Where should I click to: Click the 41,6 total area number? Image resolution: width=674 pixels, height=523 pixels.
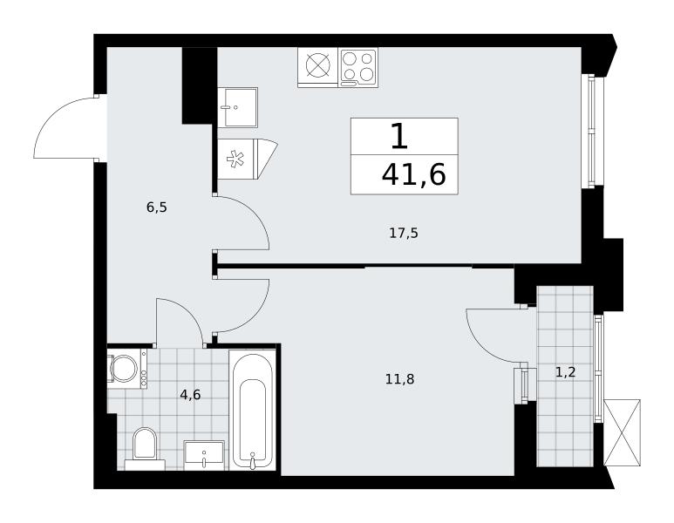413,175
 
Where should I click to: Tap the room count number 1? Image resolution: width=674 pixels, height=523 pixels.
399,136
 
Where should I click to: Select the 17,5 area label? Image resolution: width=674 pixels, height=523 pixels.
404,234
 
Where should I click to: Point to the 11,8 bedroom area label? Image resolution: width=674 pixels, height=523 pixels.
399,379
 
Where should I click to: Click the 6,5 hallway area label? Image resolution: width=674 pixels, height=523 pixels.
156,207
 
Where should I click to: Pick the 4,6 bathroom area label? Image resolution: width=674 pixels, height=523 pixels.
190,395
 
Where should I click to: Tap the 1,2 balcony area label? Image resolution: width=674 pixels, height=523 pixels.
565,372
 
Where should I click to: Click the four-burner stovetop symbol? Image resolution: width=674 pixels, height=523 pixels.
358,67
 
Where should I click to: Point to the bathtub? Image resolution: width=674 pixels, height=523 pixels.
252,410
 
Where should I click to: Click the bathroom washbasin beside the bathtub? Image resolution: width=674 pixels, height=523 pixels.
204,455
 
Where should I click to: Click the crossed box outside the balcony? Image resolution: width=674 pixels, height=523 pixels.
622,432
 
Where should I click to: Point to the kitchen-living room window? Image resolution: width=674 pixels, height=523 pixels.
593,131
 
